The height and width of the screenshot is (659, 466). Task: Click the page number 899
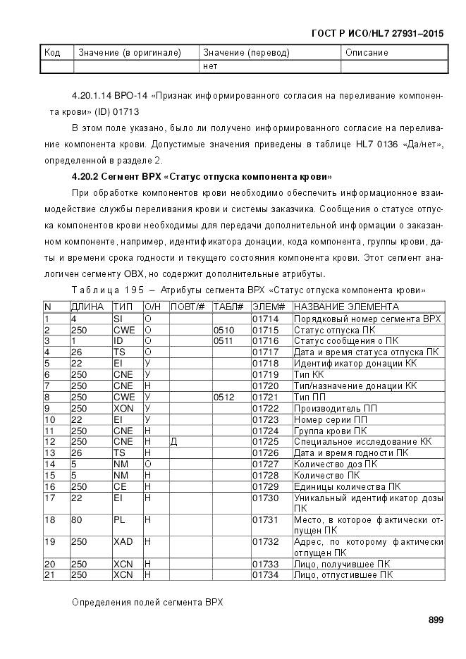435,620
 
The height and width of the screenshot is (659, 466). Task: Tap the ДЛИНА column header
87,307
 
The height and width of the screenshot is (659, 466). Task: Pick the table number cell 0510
223,330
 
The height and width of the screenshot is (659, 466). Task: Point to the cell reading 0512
223,397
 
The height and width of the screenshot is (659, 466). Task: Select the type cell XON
122,408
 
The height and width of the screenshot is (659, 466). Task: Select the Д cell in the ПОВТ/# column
173,441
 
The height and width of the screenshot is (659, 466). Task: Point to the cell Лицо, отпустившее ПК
343,575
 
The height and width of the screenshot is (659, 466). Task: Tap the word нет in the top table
209,66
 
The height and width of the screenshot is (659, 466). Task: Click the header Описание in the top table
367,53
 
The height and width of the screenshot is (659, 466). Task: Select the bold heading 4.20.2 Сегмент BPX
202,176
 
